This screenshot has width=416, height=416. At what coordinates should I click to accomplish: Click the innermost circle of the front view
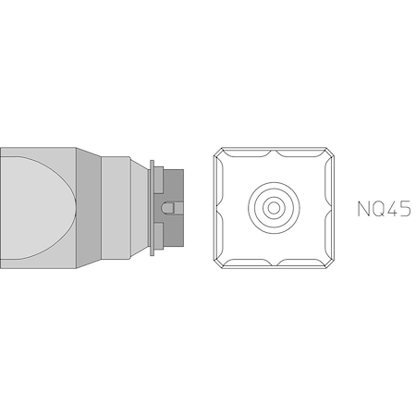pos(274,208)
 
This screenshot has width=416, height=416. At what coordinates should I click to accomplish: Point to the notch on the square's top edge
pos(274,149)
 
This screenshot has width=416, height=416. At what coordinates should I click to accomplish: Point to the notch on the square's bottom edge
pos(274,267)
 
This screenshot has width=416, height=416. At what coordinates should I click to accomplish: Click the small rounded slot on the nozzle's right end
pos(166,208)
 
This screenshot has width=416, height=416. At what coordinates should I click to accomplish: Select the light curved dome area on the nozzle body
pos(32,207)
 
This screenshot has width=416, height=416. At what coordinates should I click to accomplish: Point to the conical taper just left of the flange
pos(138,207)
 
